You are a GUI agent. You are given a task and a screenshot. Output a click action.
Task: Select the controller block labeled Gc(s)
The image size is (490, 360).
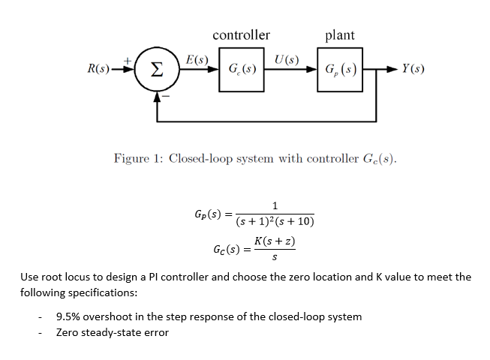[242, 71]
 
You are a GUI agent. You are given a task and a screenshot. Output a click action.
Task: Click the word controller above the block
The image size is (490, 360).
[241, 35]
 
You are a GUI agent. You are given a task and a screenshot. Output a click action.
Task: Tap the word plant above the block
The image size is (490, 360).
[340, 35]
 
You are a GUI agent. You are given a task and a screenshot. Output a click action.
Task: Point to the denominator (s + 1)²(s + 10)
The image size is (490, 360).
[275, 222]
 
